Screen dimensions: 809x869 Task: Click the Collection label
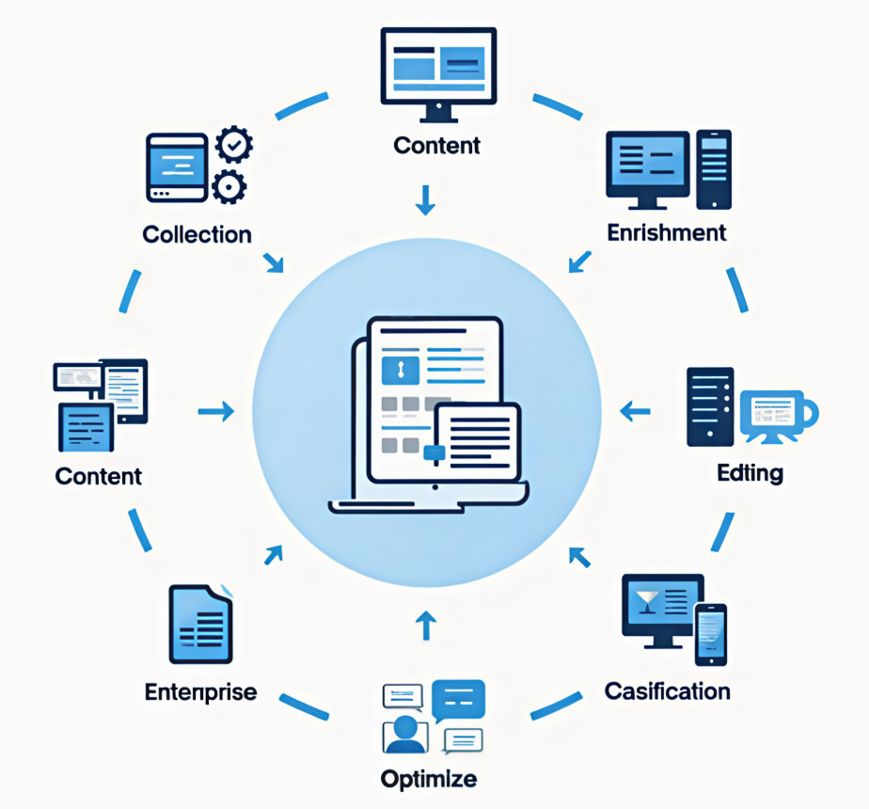coord(197,233)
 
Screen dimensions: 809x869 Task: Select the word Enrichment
coord(667,231)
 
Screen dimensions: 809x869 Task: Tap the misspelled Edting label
coord(750,472)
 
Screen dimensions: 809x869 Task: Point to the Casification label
coord(667,691)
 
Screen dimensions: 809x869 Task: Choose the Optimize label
coord(429,779)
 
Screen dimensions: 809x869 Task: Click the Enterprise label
coord(200,692)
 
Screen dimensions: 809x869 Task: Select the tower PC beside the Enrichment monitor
coord(715,169)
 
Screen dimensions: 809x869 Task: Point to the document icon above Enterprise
coord(199,625)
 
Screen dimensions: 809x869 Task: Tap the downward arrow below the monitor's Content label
coord(426,199)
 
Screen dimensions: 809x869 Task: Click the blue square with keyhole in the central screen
coord(399,369)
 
